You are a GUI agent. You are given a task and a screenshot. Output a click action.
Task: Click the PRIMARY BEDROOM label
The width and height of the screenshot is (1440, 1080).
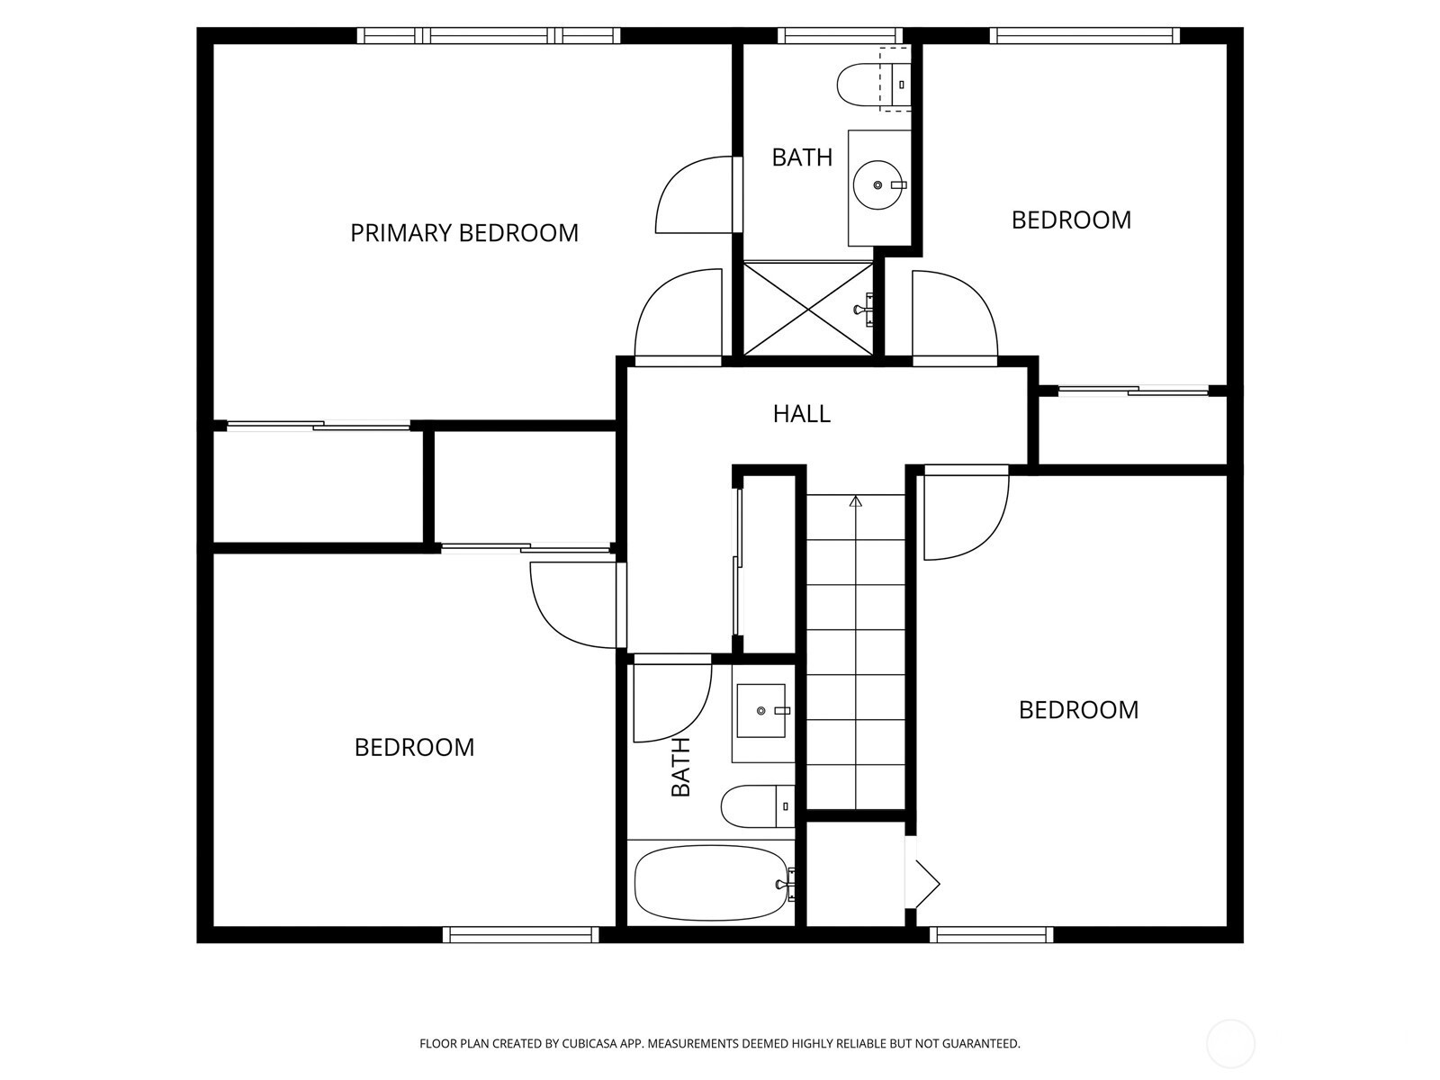click(463, 233)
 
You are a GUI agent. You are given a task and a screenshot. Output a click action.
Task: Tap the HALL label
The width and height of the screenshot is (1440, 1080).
click(802, 414)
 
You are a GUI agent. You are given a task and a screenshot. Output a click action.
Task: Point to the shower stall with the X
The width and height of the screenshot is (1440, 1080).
click(808, 308)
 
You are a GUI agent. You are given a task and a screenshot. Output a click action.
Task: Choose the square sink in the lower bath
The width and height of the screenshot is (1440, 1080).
click(761, 711)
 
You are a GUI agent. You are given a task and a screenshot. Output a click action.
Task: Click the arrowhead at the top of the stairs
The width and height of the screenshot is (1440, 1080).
click(856, 501)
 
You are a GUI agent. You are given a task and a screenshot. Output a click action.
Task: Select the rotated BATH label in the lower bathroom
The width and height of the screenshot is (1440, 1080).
click(681, 767)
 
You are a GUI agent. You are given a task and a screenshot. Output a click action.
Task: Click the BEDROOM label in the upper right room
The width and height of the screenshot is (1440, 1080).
click(1071, 220)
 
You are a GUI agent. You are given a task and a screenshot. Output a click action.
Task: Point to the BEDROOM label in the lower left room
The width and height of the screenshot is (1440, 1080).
click(414, 748)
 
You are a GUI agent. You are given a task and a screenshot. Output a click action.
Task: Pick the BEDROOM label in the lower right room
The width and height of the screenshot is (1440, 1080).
click(1078, 709)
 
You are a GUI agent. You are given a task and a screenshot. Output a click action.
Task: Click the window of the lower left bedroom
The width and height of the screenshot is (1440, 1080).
click(521, 934)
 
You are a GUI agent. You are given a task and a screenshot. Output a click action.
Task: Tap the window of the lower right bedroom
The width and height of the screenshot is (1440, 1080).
click(991, 934)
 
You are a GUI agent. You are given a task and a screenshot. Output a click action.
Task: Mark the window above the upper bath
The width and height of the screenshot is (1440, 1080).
click(841, 35)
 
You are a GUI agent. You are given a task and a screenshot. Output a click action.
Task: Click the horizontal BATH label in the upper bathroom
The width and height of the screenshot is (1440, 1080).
click(802, 157)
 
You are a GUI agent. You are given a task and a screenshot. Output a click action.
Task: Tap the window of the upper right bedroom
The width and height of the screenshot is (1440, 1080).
click(1084, 35)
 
